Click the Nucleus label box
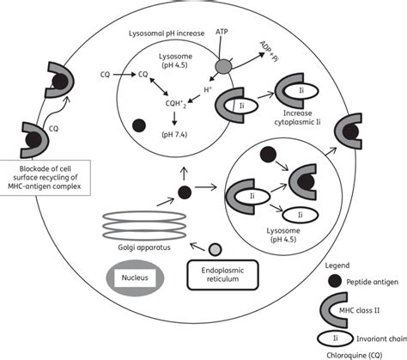click(135, 278)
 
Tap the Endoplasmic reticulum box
click(222, 275)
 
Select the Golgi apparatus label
click(144, 247)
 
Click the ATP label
click(222, 32)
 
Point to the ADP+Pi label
click(269, 52)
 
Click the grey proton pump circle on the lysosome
click(223, 67)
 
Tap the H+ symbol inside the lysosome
click(208, 89)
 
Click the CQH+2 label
click(176, 104)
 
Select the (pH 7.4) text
click(174, 134)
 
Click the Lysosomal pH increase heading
click(167, 34)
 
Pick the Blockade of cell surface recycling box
click(45, 178)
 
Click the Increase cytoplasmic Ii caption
click(297, 118)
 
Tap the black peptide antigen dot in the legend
click(335, 281)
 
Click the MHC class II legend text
click(359, 310)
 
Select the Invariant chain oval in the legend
click(335, 339)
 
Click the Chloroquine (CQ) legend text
click(355, 355)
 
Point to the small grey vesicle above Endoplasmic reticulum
click(215, 250)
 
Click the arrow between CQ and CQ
click(124, 75)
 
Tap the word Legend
click(337, 265)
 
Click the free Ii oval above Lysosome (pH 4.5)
click(301, 215)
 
